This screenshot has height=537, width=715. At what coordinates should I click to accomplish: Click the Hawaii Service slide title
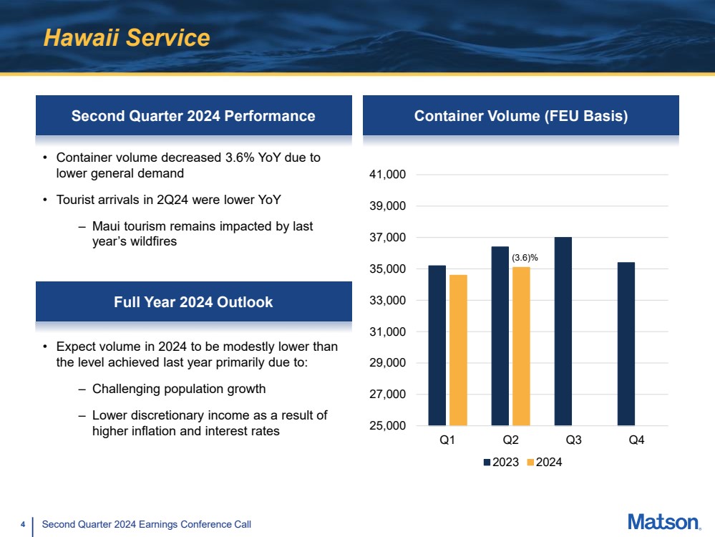[127, 38]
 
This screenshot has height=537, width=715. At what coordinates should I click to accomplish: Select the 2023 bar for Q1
[437, 345]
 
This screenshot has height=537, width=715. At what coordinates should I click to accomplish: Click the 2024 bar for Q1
[458, 350]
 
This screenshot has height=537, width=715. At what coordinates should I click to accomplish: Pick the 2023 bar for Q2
[500, 336]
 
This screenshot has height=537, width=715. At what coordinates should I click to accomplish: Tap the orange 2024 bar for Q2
[521, 346]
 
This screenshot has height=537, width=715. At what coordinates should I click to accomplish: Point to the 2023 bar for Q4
[626, 344]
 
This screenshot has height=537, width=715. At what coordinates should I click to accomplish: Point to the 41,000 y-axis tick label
[386, 175]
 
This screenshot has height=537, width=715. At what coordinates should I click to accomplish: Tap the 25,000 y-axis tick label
[386, 426]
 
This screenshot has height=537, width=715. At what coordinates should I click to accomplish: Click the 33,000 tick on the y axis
[386, 301]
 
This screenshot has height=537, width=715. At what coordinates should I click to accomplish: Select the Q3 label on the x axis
[573, 441]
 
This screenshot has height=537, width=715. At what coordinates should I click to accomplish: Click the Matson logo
[663, 523]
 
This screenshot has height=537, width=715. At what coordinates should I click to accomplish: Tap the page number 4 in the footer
[23, 525]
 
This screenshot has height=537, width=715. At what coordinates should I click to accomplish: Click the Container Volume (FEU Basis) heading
[521, 116]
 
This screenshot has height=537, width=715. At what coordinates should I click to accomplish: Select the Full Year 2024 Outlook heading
[193, 302]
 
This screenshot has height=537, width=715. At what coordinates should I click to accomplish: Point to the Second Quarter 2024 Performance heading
[193, 116]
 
